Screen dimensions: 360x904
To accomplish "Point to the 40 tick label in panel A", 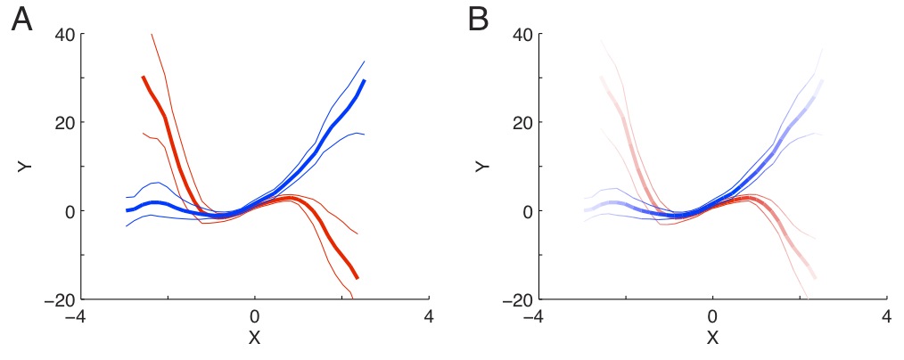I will click(65, 35).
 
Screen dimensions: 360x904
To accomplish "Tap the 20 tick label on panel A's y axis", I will click(65, 123).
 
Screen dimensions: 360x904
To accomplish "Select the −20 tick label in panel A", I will click(59, 299).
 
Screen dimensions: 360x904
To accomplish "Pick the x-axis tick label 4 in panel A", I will click(430, 317).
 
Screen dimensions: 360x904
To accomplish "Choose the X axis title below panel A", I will click(255, 339).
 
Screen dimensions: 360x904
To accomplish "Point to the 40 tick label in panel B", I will click(522, 35).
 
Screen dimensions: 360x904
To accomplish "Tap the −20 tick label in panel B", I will click(516, 299).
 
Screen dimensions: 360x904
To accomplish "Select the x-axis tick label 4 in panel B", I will click(887, 317).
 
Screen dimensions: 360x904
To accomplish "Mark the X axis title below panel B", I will click(712, 339).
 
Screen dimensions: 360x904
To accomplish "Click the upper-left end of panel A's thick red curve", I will click(144, 78).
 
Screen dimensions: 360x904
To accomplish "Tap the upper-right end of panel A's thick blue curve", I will click(365, 80).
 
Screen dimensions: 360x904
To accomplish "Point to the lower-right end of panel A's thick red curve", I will click(357, 278).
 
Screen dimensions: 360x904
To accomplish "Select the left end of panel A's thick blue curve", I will click(127, 210).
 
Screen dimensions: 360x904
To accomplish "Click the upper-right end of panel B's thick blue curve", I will click(821, 81).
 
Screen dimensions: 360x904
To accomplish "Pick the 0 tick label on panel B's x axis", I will click(712, 317).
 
